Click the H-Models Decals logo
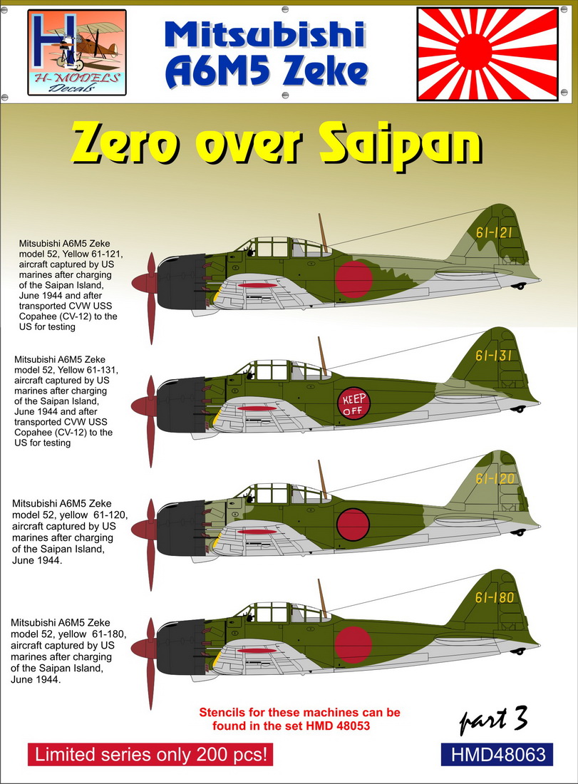click(x=76, y=53)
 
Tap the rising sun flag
click(x=488, y=54)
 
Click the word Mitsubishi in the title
click(x=264, y=34)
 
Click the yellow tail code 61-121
click(x=494, y=232)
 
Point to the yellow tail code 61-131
click(x=493, y=356)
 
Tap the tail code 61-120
click(x=495, y=478)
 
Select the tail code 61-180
click(x=495, y=597)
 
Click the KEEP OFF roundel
click(x=354, y=404)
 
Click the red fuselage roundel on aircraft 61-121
click(x=354, y=279)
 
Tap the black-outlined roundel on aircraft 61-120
click(x=353, y=525)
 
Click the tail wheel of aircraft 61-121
click(x=520, y=286)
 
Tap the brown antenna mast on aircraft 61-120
click(x=322, y=480)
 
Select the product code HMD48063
click(x=497, y=755)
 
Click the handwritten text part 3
click(x=493, y=720)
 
